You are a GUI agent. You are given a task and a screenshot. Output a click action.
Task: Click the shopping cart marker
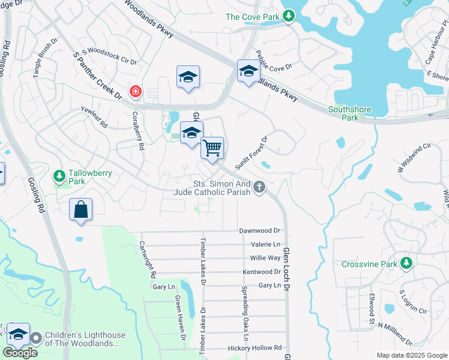click(212, 148)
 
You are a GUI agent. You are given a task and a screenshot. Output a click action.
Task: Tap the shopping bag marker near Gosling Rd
click(80, 210)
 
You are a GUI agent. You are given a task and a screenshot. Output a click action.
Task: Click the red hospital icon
click(136, 92)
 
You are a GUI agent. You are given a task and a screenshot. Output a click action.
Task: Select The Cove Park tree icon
click(289, 16)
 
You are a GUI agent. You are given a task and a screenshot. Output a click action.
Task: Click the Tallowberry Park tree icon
click(59, 176)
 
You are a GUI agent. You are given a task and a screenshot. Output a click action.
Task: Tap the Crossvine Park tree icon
click(406, 263)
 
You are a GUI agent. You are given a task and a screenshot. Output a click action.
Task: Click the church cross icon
click(259, 188)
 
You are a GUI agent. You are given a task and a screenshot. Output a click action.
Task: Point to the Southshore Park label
click(350, 113)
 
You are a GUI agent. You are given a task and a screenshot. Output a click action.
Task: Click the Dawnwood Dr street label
click(260, 230)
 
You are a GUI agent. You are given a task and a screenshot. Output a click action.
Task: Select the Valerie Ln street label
click(266, 244)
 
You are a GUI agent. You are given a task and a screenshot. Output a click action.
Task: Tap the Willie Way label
click(265, 258)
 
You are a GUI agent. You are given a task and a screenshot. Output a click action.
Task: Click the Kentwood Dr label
click(261, 272)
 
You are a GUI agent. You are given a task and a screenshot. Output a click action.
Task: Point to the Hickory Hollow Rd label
click(255, 348)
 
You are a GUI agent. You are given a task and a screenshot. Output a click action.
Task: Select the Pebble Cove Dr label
click(273, 59)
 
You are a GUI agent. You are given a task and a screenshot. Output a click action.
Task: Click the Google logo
click(20, 352)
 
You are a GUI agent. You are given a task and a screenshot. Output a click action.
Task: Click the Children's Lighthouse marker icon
click(36, 338)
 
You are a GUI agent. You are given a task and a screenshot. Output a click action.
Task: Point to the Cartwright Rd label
click(148, 260)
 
